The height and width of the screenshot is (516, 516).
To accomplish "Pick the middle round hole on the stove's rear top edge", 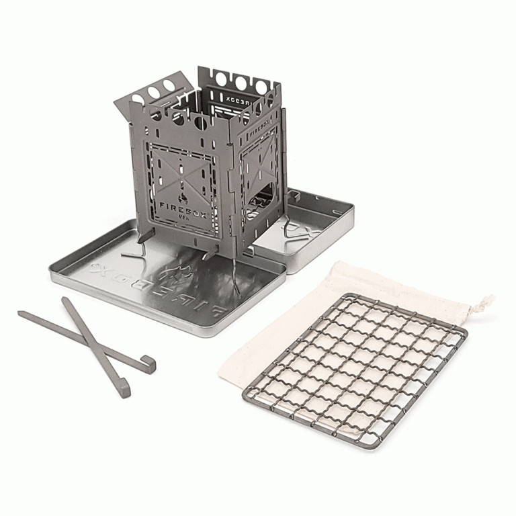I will click(x=240, y=83).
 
